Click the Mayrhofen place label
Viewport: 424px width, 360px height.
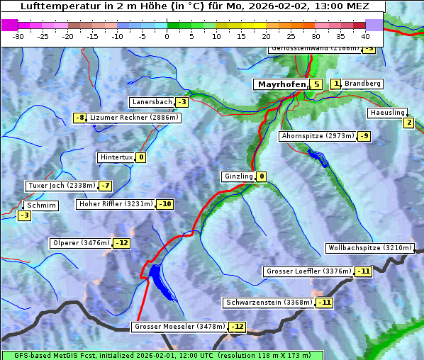(281, 84)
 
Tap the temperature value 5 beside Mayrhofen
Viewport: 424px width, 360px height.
(316, 84)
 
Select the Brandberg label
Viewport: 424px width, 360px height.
(362, 84)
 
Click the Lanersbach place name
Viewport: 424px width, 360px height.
(152, 102)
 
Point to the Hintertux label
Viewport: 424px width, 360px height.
(116, 157)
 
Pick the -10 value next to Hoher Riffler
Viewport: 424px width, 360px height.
(164, 204)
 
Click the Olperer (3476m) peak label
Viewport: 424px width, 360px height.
(81, 243)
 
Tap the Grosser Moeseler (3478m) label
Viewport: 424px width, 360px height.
(179, 327)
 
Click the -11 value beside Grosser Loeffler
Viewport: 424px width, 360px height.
(364, 271)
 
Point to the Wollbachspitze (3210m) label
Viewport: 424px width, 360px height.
(369, 248)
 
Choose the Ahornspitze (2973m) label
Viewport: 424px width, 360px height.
(318, 135)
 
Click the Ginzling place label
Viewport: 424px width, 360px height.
(238, 176)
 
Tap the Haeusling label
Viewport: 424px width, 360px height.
(387, 113)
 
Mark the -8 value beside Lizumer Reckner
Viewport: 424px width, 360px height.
(80, 118)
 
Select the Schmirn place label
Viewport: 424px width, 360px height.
(42, 206)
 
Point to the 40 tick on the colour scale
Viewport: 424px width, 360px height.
(365, 35)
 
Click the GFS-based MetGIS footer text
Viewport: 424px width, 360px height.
(162, 355)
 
